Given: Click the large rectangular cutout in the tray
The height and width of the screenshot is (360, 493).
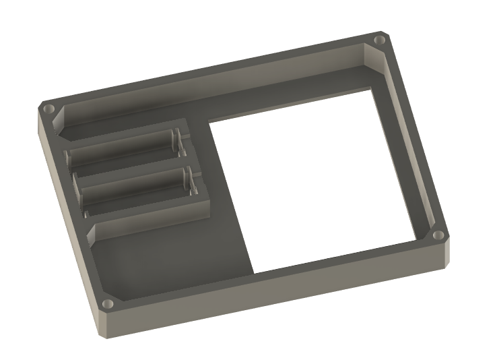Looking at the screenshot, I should (310, 182).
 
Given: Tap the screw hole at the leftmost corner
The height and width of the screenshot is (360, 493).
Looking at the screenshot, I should (48, 108).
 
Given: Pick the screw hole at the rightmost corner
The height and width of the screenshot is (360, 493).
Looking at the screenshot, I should (438, 235).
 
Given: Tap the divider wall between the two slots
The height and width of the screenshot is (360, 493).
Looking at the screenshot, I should (128, 168).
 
